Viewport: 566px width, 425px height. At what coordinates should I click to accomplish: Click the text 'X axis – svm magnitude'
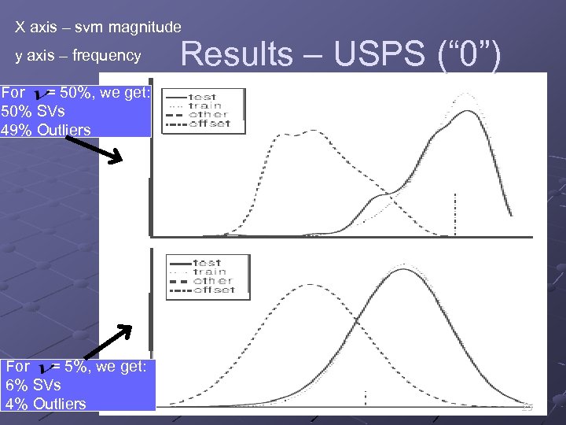pos(98,28)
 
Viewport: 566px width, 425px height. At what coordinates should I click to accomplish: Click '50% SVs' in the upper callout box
pos(34,111)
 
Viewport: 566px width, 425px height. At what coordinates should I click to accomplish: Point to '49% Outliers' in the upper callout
pos(46,130)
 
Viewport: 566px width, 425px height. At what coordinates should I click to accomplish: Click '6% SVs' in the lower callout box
pos(33,385)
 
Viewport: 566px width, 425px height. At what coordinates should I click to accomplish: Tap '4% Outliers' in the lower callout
pos(46,404)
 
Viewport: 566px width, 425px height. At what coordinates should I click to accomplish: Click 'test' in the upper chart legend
pos(204,96)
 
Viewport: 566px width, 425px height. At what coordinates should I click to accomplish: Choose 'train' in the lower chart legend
pos(208,272)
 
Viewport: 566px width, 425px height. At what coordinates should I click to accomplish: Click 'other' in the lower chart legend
pos(208,281)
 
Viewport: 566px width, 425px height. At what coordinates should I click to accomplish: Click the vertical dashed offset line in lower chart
pos(366,398)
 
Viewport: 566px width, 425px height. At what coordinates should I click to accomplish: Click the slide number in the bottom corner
pos(527,407)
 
